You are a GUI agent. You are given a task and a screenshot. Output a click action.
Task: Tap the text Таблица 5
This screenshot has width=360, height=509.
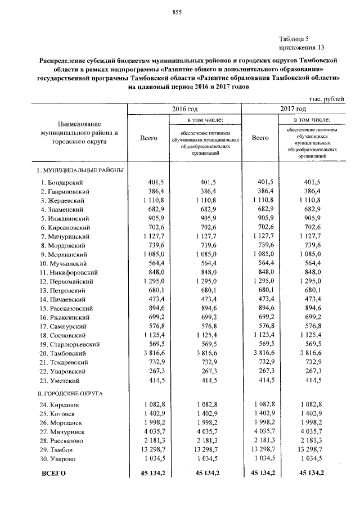(294, 38)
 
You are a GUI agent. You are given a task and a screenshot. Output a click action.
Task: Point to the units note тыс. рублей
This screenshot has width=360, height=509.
(319, 99)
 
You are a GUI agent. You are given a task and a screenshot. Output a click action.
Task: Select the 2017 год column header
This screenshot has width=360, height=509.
(294, 109)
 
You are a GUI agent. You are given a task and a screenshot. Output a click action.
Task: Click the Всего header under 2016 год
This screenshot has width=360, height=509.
(148, 137)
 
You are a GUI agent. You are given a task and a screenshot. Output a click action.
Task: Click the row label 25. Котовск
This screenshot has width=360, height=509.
(60, 414)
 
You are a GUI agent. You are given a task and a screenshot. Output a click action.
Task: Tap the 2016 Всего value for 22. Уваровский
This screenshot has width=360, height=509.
(151, 371)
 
